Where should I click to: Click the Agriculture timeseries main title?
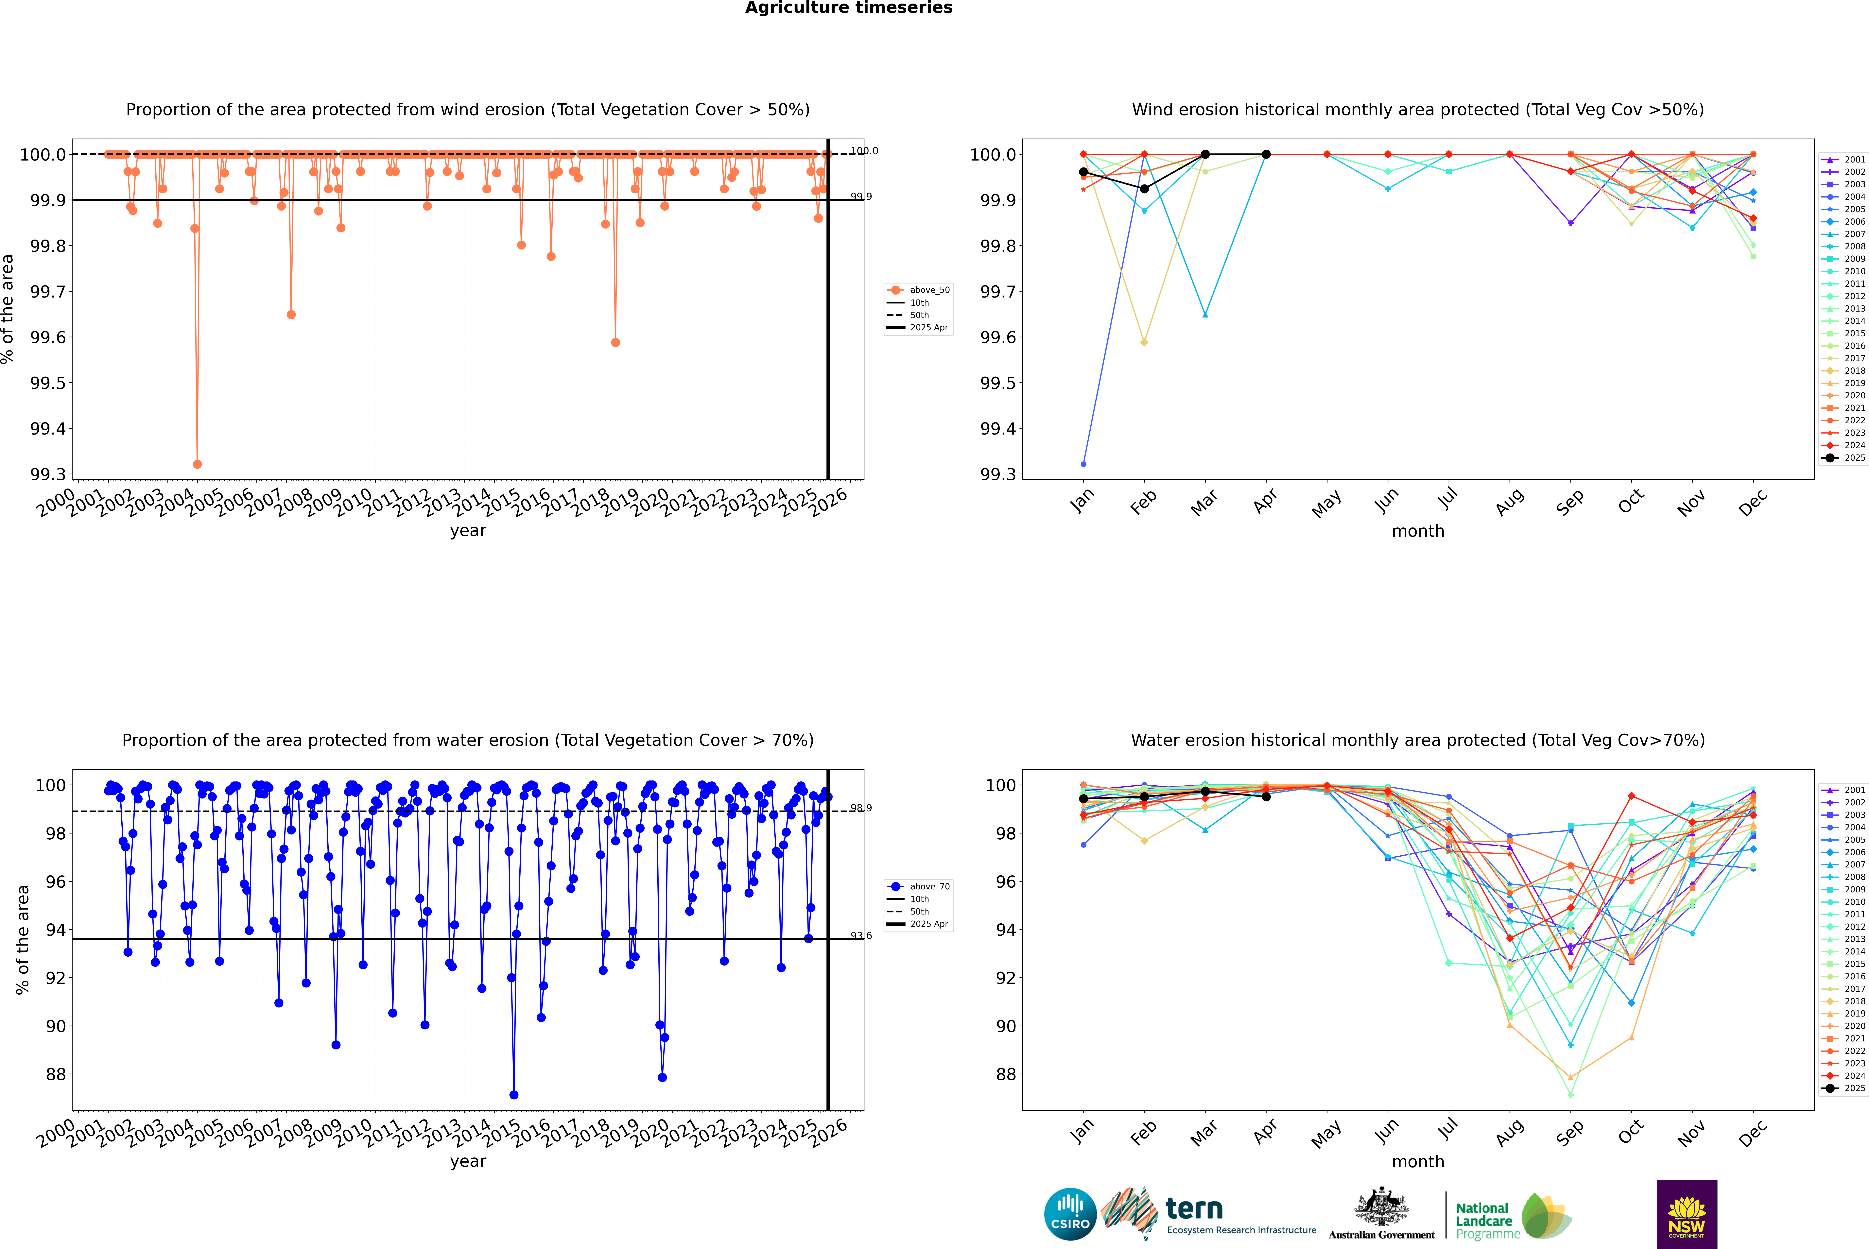pos(848,8)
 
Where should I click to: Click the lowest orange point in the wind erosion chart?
pos(198,464)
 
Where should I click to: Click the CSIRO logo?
pos(1070,1214)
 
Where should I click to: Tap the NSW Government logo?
pos(1687,1214)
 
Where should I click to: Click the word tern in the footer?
pos(1193,1208)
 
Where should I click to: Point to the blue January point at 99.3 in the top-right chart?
pos(1083,464)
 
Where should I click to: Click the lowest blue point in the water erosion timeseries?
pos(514,1094)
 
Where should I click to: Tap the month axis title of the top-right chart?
pos(1417,531)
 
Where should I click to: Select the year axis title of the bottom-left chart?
pos(468,1161)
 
